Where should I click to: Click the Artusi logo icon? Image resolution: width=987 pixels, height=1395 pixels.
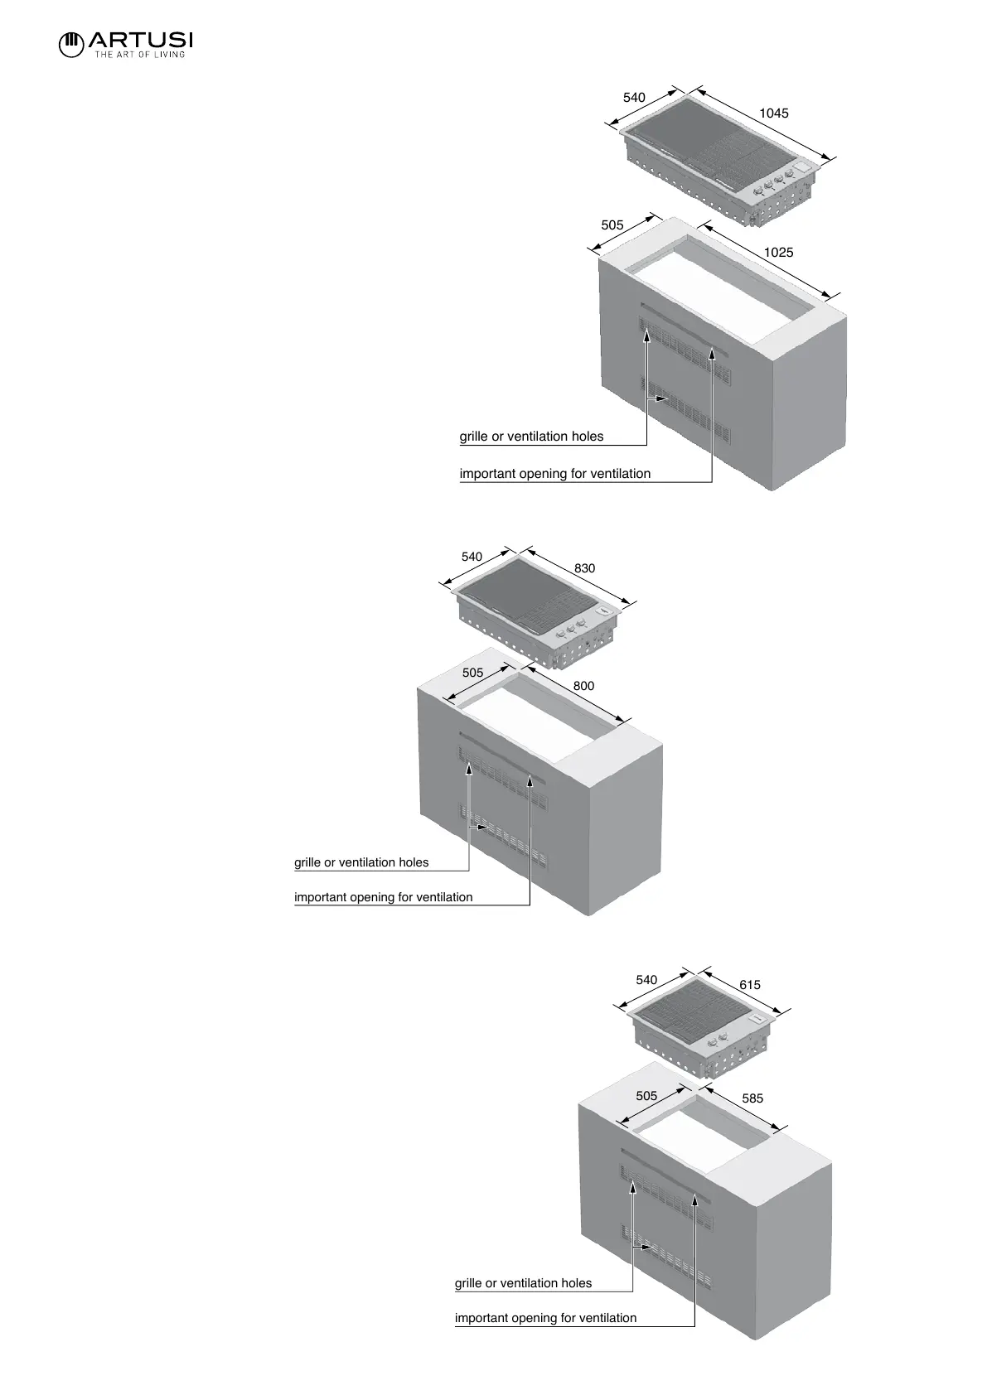tap(71, 43)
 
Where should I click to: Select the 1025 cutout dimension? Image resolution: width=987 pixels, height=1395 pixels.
tap(778, 252)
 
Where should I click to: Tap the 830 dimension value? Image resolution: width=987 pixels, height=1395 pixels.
tap(584, 568)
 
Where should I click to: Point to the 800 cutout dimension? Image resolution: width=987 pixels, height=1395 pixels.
tap(583, 686)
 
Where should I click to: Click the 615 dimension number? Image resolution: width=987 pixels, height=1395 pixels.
tap(749, 985)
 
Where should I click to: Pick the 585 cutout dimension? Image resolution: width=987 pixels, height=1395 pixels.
tap(752, 1098)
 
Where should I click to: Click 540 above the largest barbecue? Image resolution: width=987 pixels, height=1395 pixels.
tap(634, 98)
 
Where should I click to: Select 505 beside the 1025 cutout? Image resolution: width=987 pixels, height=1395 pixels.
tap(612, 224)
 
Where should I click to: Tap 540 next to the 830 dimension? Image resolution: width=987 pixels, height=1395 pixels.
tap(472, 557)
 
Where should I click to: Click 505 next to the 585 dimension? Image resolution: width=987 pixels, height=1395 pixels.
tap(646, 1095)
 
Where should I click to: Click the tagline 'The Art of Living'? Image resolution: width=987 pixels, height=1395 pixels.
tap(139, 55)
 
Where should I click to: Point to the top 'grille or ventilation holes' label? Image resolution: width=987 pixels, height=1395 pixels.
tap(531, 437)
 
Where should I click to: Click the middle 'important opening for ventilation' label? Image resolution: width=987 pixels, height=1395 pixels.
tap(383, 897)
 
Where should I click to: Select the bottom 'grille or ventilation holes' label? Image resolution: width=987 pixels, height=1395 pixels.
tap(523, 1283)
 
